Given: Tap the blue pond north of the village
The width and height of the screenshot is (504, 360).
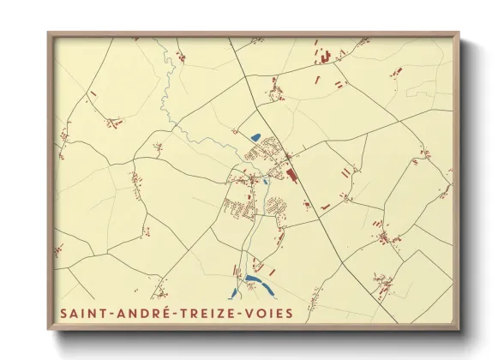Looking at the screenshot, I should point(255,136).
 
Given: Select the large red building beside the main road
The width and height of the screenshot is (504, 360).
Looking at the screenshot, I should point(291,174).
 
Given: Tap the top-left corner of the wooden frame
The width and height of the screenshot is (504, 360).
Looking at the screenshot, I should point(48,33).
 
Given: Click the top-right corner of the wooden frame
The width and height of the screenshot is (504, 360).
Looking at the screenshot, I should point(459,33).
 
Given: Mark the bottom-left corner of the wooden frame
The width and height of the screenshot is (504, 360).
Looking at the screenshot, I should point(48,330).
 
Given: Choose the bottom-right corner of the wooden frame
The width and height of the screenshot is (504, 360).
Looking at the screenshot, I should point(459,330).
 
